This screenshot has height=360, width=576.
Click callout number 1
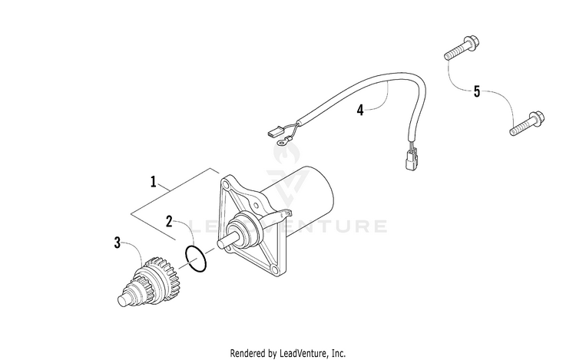(154, 182)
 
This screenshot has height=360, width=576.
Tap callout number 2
(169, 221)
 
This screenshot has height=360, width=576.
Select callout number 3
(118, 243)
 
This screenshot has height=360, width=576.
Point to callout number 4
(360, 110)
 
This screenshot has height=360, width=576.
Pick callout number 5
(477, 91)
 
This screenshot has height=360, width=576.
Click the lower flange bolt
(527, 124)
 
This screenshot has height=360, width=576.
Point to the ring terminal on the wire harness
(283, 140)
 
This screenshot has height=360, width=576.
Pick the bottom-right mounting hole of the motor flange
(275, 270)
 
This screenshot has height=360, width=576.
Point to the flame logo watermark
(286, 152)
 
